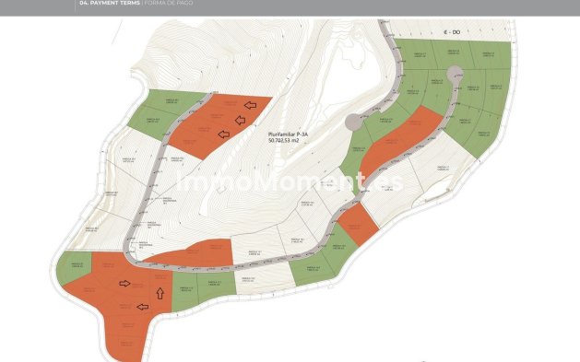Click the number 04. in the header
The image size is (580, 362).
pyautogui.click(x=87, y=4)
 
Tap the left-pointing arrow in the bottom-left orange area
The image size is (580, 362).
pyautogui.click(x=142, y=307)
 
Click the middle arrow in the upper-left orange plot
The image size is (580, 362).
pyautogui.click(x=240, y=119)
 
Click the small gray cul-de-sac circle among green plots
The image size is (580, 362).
pyautogui.click(x=454, y=73)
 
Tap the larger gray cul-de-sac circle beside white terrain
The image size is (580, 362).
pyautogui.click(x=353, y=122)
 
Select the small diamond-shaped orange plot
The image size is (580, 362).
pyautogui.click(x=356, y=224)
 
